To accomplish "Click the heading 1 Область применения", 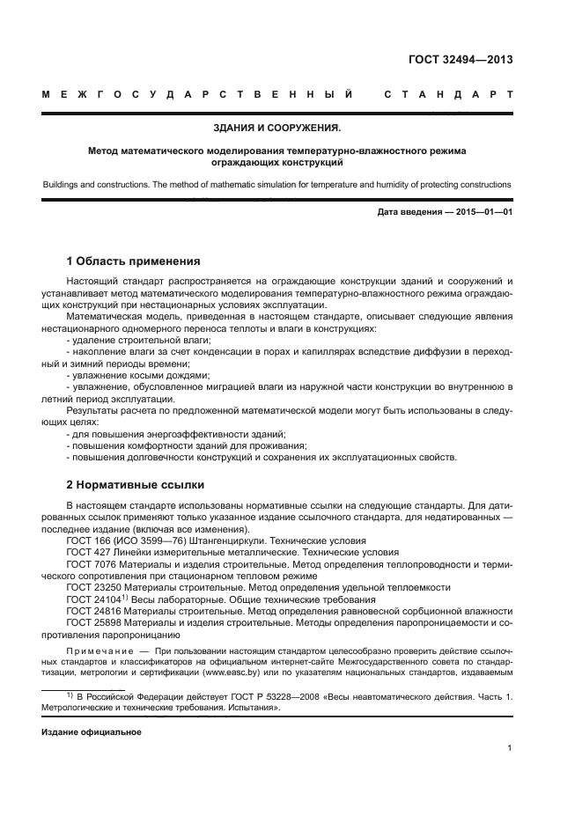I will coord(134,261).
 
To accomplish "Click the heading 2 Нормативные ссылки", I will coord(136,485).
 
